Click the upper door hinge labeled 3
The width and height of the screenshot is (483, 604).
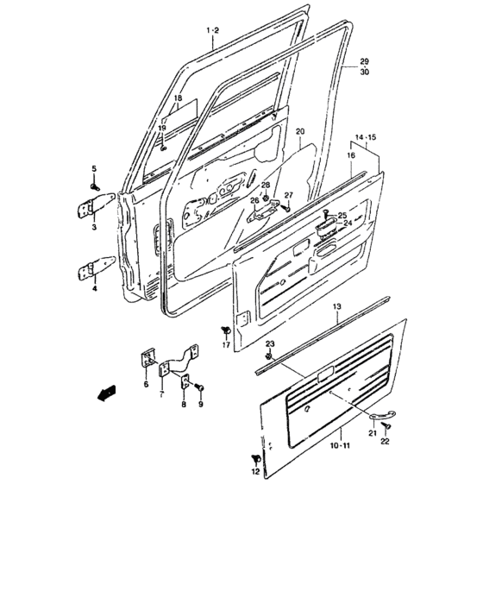point(95,206)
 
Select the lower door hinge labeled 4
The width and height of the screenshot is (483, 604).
point(95,269)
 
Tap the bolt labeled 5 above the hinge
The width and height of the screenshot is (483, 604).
point(95,187)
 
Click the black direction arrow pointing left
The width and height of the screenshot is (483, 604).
point(106,393)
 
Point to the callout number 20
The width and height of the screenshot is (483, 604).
point(300,132)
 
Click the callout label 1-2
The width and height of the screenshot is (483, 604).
point(213,30)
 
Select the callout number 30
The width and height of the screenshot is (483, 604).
point(364,72)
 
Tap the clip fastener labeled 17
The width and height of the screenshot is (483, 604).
point(225,330)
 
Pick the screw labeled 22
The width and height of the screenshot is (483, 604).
point(386,425)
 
